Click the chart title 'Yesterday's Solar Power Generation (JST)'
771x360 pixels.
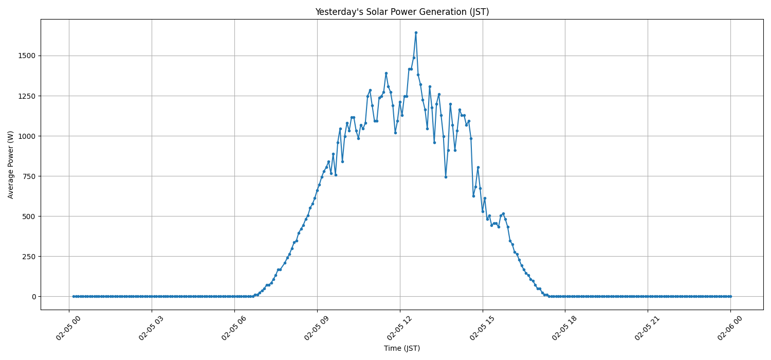402,12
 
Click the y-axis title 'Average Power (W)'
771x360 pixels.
11,165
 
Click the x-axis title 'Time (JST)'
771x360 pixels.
402,348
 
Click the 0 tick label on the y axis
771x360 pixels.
33,297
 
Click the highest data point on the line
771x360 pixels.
416,32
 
